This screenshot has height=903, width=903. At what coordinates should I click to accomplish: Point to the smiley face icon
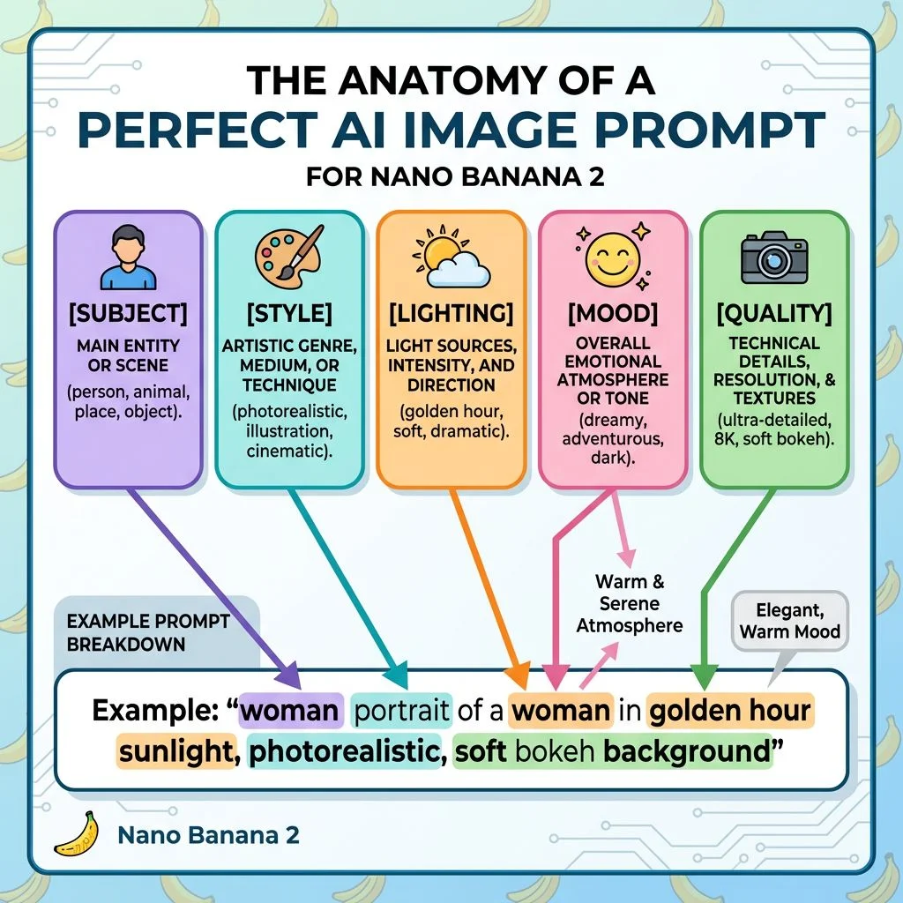[x=612, y=256]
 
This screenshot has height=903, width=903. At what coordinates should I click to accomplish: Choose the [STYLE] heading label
[x=289, y=312]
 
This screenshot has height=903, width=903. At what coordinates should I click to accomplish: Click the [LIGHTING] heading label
[x=451, y=312]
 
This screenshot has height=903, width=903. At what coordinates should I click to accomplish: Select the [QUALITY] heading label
[x=774, y=312]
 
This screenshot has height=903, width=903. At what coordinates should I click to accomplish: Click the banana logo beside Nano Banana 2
[x=76, y=834]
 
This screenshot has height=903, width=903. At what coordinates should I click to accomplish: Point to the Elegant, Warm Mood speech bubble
[x=790, y=620]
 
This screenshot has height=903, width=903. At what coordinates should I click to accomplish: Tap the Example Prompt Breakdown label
[x=136, y=632]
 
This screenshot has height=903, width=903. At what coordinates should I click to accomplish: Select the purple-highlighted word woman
[x=289, y=711]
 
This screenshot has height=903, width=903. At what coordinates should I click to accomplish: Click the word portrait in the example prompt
[x=402, y=711]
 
